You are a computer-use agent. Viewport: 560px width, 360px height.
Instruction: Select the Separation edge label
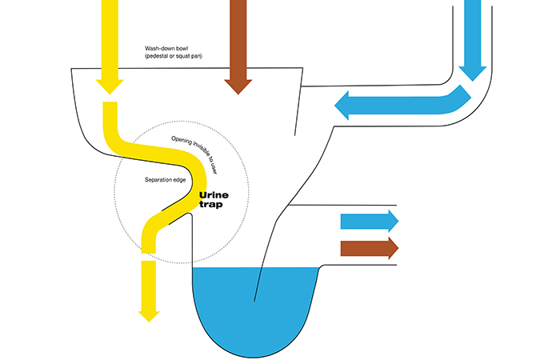coord(165,179)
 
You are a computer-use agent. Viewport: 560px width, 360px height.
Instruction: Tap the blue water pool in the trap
coord(256,308)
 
